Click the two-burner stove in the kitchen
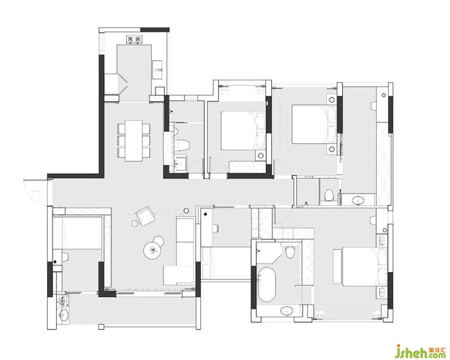[134, 39]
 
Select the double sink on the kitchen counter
[157, 69]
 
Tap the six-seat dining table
[134, 141]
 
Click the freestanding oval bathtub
[267, 285]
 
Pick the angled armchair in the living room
[146, 216]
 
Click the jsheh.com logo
[420, 351]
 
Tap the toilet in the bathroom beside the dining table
[181, 146]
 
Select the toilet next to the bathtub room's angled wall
[290, 252]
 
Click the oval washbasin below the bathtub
[287, 311]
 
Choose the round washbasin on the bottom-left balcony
[64, 316]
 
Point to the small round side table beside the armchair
[134, 223]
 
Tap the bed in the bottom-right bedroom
[360, 267]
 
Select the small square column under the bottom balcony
[101, 327]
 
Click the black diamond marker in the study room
[205, 214]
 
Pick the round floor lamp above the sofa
[186, 210]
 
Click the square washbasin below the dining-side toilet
[181, 163]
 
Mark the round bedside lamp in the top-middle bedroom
[260, 156]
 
